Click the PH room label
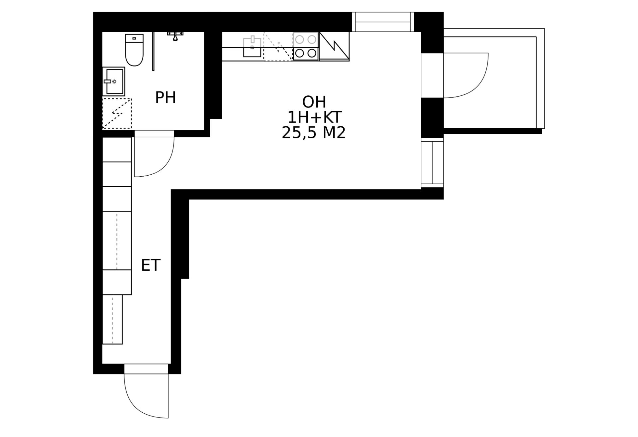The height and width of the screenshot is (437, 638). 165,98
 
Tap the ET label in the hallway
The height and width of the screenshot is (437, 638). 151,265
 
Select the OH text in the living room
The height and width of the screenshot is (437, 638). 314,102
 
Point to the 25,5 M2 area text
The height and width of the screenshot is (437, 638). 314,133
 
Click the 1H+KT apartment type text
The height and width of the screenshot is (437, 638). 314,117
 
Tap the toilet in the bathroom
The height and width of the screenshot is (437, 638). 134,50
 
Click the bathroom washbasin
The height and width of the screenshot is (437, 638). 114,81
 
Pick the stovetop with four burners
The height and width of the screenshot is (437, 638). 306,47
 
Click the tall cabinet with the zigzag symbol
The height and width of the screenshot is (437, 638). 334,47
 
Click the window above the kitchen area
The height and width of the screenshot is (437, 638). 383,22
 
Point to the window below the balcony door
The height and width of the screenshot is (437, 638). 432,163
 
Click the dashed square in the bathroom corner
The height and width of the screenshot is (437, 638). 117,113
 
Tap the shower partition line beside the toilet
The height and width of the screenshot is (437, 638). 153,51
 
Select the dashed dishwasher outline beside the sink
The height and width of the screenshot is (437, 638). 278,47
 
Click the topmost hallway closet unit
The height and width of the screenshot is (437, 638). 117,149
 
